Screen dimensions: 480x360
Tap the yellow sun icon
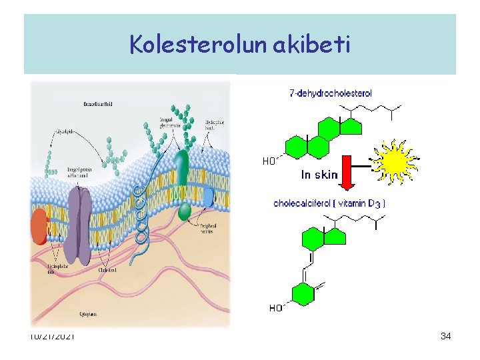[394, 161]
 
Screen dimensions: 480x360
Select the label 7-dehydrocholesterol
[331, 93]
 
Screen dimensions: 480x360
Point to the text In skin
[319, 175]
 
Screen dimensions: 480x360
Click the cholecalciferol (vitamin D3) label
[329, 203]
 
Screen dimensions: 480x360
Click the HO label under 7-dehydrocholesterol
[269, 161]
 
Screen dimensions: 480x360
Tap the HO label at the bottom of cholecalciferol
[275, 308]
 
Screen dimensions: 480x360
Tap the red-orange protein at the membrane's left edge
[39, 227]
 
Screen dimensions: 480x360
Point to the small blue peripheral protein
[209, 197]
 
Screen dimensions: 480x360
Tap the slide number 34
[446, 337]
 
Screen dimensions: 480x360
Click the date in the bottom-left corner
[52, 336]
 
